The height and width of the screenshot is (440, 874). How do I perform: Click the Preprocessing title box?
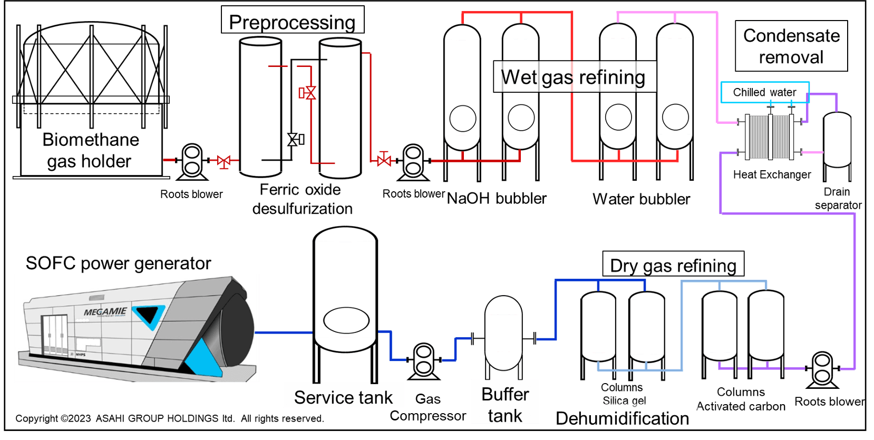(293, 21)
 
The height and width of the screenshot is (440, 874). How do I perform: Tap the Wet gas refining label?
(574, 77)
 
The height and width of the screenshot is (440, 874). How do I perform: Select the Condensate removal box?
(791, 46)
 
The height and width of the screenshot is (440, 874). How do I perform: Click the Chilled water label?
(764, 92)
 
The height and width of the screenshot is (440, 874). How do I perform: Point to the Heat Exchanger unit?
(771, 137)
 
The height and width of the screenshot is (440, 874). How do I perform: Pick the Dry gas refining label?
(673, 265)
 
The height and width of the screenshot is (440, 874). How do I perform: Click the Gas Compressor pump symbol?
(424, 361)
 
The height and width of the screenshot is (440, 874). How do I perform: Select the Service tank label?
(343, 397)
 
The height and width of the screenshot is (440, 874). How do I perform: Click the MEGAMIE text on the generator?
(105, 312)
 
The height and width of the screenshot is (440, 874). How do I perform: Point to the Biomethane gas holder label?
(90, 150)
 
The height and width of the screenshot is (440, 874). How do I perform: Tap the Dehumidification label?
(623, 418)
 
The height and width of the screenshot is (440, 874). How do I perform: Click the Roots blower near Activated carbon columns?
(822, 368)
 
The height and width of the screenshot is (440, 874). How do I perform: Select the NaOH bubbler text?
(497, 199)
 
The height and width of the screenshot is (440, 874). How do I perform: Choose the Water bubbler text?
(641, 199)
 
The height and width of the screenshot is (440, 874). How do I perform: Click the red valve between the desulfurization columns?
(308, 93)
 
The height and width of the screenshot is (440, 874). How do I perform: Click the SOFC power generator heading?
(118, 263)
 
